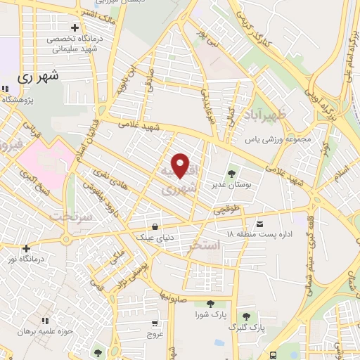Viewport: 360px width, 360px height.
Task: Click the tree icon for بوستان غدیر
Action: click(x=231, y=172)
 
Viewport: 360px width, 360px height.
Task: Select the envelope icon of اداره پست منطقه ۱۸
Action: click(x=260, y=221)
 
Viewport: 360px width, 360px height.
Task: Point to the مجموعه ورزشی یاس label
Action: click(x=278, y=139)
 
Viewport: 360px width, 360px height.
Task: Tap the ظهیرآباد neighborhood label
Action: click(x=264, y=114)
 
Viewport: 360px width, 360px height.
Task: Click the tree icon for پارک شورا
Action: click(x=210, y=303)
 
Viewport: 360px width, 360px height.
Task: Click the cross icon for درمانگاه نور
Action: click(x=26, y=247)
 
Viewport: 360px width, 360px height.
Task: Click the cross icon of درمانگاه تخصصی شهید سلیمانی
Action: click(x=74, y=27)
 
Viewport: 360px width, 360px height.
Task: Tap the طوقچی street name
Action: click(x=227, y=210)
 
